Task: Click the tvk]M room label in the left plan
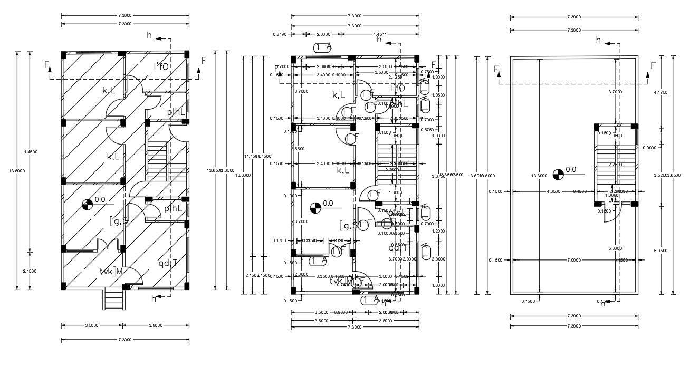pyautogui.click(x=111, y=271)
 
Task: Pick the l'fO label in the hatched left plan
pyautogui.click(x=161, y=66)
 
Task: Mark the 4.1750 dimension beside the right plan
pyautogui.click(x=661, y=92)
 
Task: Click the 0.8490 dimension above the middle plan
pyautogui.click(x=280, y=35)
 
